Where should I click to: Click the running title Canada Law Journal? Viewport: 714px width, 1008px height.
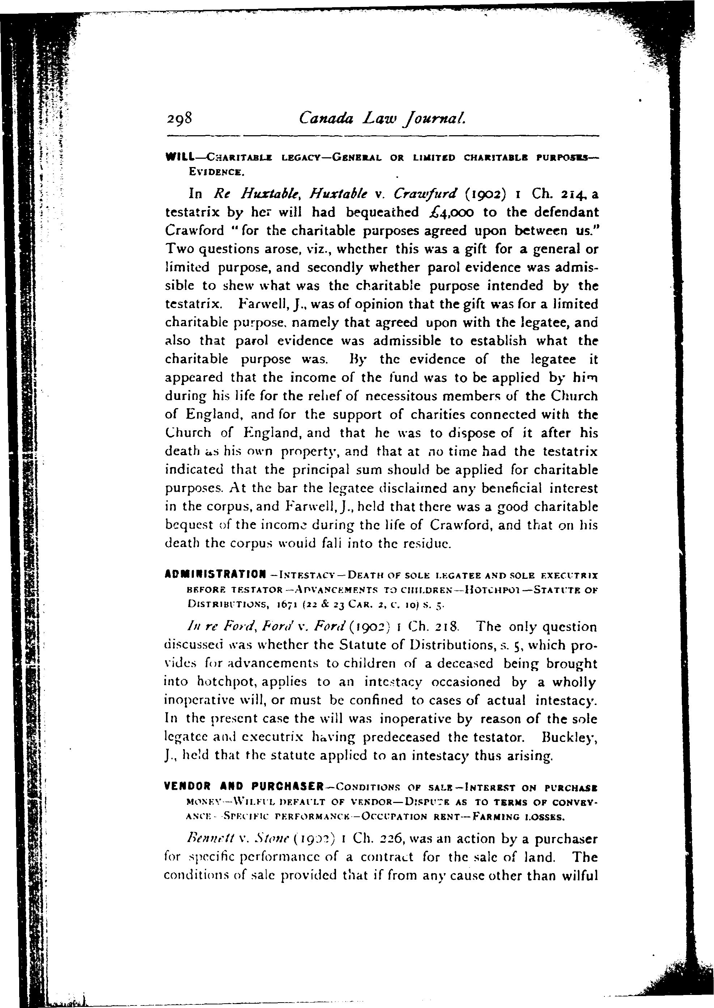[x=382, y=118]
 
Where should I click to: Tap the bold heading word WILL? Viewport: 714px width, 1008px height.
[x=180, y=157]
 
